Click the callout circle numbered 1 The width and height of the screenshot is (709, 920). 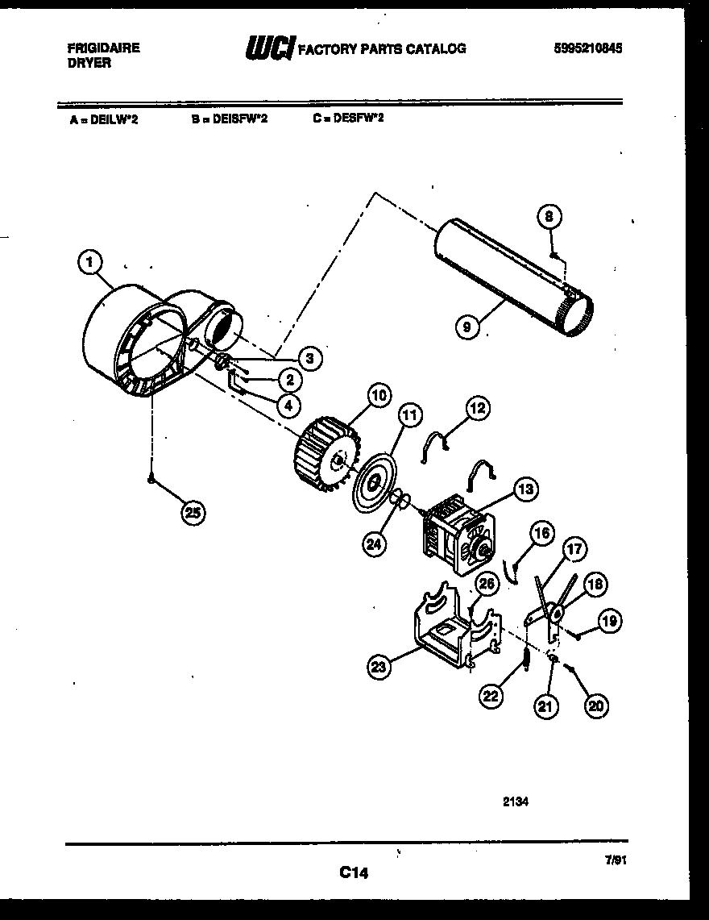pyautogui.click(x=90, y=261)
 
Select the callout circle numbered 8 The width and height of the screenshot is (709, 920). pyautogui.click(x=549, y=217)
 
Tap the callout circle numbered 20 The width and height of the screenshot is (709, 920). pyautogui.click(x=595, y=706)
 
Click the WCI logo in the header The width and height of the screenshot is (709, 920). pyautogui.click(x=269, y=49)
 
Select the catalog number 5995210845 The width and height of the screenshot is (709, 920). pyautogui.click(x=588, y=48)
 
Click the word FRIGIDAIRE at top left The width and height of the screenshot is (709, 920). pyautogui.click(x=103, y=48)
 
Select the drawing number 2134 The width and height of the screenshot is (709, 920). pyautogui.click(x=515, y=801)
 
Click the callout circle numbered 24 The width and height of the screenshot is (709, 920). pyautogui.click(x=373, y=543)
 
